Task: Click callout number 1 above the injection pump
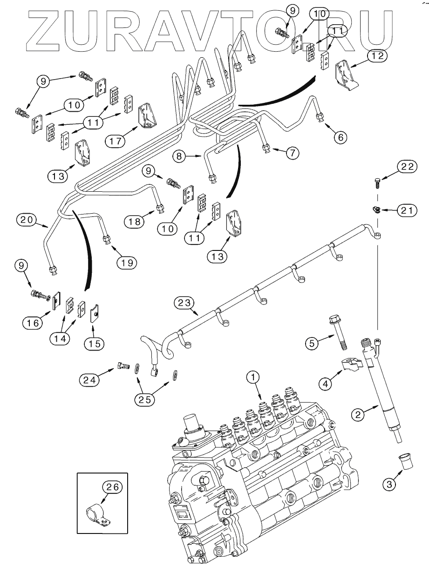coord(253,377)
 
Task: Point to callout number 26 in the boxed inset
coord(112,487)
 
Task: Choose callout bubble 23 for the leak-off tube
coord(184,303)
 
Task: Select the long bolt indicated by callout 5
coord(338,332)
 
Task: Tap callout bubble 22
coord(407,167)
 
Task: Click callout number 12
coord(378,56)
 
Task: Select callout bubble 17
coord(115,141)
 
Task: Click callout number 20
coord(27,220)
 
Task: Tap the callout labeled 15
coord(95,344)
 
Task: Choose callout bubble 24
coord(89,380)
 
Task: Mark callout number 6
coord(340,137)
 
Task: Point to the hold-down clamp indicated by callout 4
coord(353,366)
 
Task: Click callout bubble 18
coord(134,222)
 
